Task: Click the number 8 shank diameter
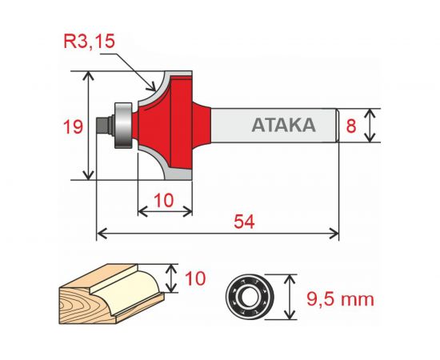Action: [350, 126]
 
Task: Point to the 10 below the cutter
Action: [165, 201]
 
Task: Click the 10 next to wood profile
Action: [194, 278]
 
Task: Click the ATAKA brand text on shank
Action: [282, 126]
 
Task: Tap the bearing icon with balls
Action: [249, 295]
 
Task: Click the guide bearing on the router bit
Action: [122, 125]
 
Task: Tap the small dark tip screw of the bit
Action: [102, 125]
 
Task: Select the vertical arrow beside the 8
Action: [370, 126]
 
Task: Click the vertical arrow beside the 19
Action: [88, 125]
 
